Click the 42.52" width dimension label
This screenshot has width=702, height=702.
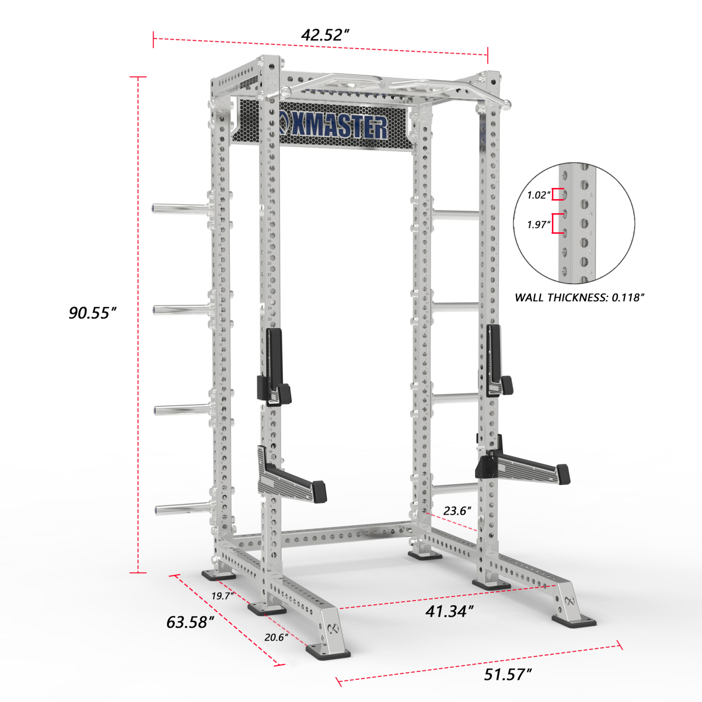coord(325,35)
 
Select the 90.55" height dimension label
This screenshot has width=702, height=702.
coord(92,313)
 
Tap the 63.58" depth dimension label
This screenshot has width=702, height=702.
coord(190,622)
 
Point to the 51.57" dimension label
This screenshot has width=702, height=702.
coord(508,674)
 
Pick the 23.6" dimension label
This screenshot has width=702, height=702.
coord(457,511)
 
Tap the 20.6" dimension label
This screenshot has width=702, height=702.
coord(276,637)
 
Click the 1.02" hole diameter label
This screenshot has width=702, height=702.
coord(539,195)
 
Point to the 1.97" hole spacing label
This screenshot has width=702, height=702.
coord(539,224)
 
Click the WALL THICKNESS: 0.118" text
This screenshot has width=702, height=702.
coord(579,297)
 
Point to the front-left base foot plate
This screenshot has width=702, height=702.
coord(328,652)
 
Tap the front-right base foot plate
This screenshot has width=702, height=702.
coord(573,621)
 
